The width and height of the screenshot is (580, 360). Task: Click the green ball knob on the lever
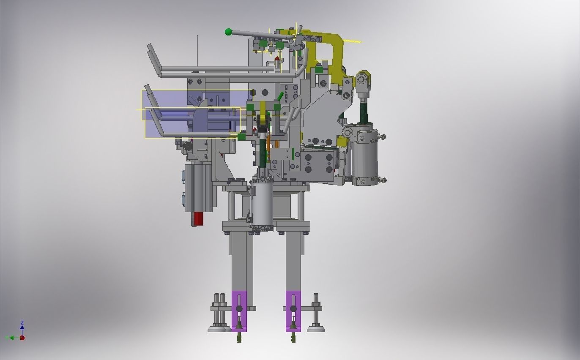(229, 32)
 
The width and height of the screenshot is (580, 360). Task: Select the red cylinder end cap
(197, 219)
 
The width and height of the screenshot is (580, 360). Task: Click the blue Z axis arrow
(22, 326)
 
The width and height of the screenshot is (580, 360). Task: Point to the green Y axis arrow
(10, 338)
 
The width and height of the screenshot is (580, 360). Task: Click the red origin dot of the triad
(22, 338)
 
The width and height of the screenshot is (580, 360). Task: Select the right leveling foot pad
(315, 329)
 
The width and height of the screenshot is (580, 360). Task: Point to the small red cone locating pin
(277, 58)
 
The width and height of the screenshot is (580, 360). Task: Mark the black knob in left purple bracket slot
(239, 309)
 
